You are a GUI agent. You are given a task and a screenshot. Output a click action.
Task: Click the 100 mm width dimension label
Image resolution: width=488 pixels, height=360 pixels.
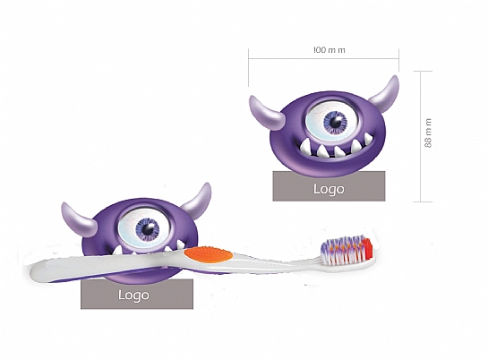click(x=330, y=50)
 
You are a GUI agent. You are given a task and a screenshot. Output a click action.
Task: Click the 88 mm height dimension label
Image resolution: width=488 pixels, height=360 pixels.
click(x=428, y=133)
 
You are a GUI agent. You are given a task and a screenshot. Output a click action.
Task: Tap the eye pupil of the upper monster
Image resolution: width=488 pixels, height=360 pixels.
click(x=335, y=121)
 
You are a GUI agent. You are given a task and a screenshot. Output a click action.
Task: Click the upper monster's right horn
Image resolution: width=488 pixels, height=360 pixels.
click(x=386, y=95)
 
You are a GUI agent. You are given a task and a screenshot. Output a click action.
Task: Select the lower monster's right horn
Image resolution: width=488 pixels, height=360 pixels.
click(x=198, y=200)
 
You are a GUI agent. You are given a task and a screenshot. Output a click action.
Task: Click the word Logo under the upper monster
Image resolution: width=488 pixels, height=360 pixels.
click(x=329, y=189)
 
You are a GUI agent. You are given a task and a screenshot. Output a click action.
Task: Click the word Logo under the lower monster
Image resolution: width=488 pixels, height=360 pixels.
click(x=133, y=295)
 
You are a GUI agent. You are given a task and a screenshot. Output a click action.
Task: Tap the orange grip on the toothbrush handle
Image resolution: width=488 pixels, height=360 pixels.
click(x=209, y=254)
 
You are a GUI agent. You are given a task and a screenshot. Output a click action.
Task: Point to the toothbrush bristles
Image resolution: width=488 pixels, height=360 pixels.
click(x=347, y=250)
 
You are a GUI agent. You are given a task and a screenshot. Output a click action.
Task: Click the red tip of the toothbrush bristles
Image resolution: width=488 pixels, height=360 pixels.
click(x=367, y=248)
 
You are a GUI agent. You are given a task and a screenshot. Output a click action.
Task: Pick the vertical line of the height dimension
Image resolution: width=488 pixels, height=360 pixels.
click(x=421, y=136)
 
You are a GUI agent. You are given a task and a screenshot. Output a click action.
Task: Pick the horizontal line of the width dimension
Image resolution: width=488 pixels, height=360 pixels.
click(x=323, y=58)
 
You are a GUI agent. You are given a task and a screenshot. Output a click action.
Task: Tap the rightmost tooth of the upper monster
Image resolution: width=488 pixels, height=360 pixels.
click(x=368, y=138)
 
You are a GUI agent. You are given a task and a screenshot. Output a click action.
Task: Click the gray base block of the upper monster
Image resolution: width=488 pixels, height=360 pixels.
click(x=329, y=186)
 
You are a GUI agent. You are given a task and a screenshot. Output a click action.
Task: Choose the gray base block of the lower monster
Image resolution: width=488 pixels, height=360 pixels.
click(x=137, y=294)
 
